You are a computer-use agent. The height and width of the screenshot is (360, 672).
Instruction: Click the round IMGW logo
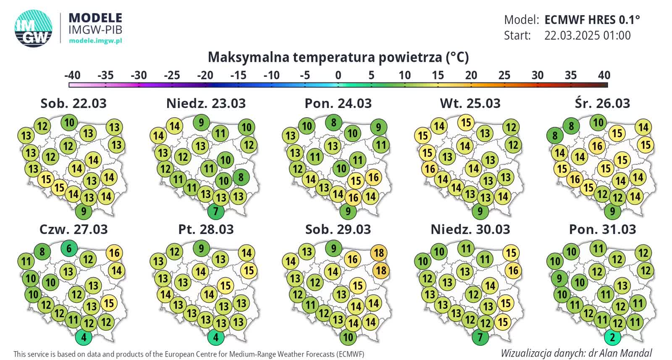click(x=34, y=28)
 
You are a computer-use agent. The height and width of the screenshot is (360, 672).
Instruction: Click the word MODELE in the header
click(x=95, y=18)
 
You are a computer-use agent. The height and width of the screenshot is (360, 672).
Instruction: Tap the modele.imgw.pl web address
click(x=95, y=41)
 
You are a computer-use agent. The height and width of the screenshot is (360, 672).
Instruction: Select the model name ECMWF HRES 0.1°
click(x=592, y=20)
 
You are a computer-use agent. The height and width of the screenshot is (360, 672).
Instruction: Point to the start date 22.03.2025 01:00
click(x=587, y=35)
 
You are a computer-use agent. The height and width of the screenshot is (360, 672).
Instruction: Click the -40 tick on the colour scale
click(x=72, y=75)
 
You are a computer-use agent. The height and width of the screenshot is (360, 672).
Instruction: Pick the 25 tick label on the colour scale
click(x=504, y=75)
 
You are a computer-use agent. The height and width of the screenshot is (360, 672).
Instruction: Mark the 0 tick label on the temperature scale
click(x=338, y=75)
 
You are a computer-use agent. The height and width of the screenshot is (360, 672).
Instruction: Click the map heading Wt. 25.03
click(x=470, y=103)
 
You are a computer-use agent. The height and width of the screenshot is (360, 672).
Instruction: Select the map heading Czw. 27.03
click(x=73, y=229)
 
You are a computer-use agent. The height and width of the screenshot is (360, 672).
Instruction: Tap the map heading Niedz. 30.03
click(x=470, y=229)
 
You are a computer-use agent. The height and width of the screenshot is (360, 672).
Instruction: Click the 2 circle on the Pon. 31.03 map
click(x=612, y=337)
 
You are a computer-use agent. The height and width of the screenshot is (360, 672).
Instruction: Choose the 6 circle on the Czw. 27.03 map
click(x=69, y=248)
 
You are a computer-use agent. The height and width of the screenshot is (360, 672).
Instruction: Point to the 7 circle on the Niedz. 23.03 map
click(x=216, y=211)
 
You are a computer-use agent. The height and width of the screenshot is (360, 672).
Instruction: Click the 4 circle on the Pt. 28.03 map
click(x=216, y=337)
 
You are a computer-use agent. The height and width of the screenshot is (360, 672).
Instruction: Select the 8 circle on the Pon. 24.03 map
click(x=333, y=123)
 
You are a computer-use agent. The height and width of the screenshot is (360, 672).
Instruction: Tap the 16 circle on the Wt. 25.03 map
click(x=430, y=169)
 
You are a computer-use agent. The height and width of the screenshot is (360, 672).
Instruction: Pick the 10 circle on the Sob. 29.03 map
click(x=348, y=337)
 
